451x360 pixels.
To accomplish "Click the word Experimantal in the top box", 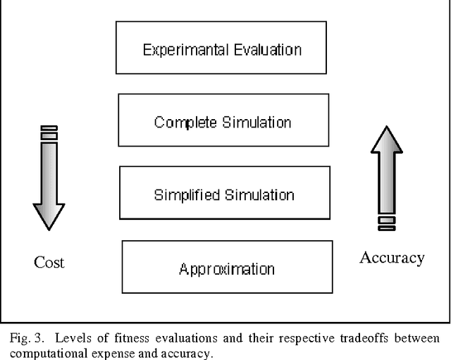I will pos(183,50).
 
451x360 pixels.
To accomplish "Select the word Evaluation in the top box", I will pos(264,50).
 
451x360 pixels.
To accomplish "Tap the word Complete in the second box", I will pos(185,123).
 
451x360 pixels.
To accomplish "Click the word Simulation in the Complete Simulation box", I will pos(254,123).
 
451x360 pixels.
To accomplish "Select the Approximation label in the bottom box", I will pos(226,269).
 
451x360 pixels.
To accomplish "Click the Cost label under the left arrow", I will pos(49,263).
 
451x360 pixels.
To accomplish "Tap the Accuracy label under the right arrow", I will pos(392,258).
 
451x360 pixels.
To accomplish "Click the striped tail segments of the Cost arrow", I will pos(49,132).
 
